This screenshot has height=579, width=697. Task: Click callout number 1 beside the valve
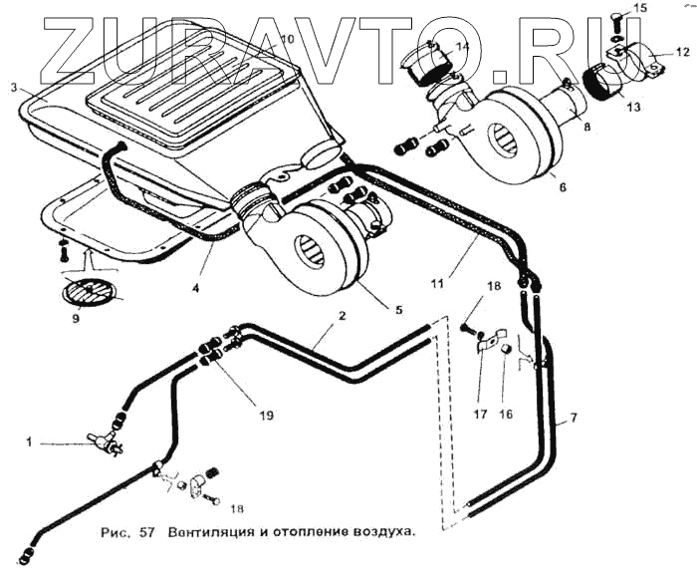pyautogui.click(x=29, y=441)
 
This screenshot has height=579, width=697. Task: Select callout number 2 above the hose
pyautogui.click(x=342, y=317)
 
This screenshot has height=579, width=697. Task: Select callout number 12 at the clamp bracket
pyautogui.click(x=681, y=51)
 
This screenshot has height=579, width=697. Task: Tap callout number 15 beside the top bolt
pyautogui.click(x=640, y=8)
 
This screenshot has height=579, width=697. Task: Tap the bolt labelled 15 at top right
pyautogui.click(x=617, y=18)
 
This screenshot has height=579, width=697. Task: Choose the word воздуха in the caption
pyautogui.click(x=382, y=532)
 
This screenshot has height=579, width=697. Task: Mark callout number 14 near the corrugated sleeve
pyautogui.click(x=463, y=46)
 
